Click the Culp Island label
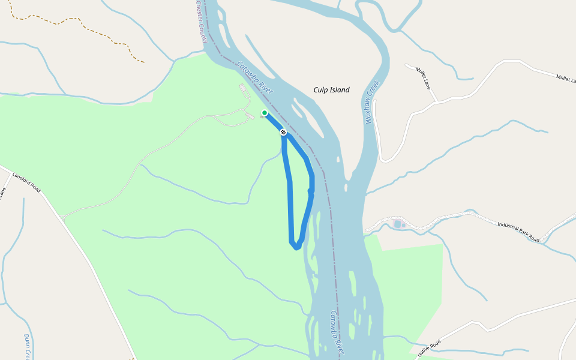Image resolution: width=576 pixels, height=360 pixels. pyautogui.click(x=331, y=90)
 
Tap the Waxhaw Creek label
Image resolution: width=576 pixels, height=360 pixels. pyautogui.click(x=373, y=103)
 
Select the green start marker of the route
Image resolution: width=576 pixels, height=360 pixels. pyautogui.click(x=264, y=113)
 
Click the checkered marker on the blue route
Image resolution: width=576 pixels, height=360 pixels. pyautogui.click(x=283, y=132)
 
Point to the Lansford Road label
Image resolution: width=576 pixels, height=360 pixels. pyautogui.click(x=26, y=182)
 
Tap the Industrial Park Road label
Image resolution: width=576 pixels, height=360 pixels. pyautogui.click(x=518, y=232)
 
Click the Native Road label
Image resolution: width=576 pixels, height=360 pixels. pyautogui.click(x=429, y=348)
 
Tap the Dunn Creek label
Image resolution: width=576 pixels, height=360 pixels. pyautogui.click(x=28, y=346)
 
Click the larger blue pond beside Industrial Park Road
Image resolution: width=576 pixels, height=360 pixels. pyautogui.click(x=397, y=224)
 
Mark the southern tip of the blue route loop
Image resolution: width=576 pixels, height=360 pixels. pyautogui.click(x=296, y=247)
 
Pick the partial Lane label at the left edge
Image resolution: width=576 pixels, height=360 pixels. pyautogui.click(x=2, y=193)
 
